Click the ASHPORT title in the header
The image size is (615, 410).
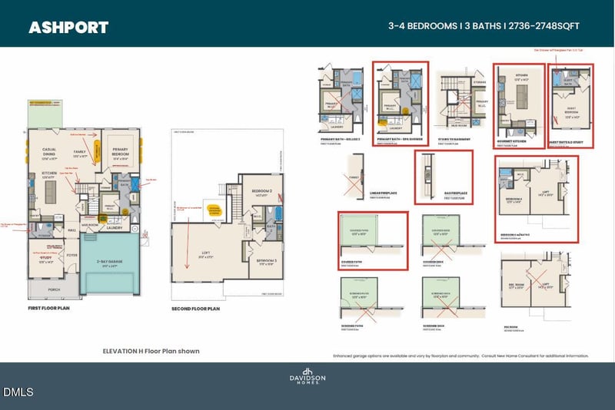(68, 28)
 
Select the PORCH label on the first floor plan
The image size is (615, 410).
(54, 289)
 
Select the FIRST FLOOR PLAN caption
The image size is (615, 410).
(48, 309)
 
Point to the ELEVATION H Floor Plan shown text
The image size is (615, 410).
(151, 351)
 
